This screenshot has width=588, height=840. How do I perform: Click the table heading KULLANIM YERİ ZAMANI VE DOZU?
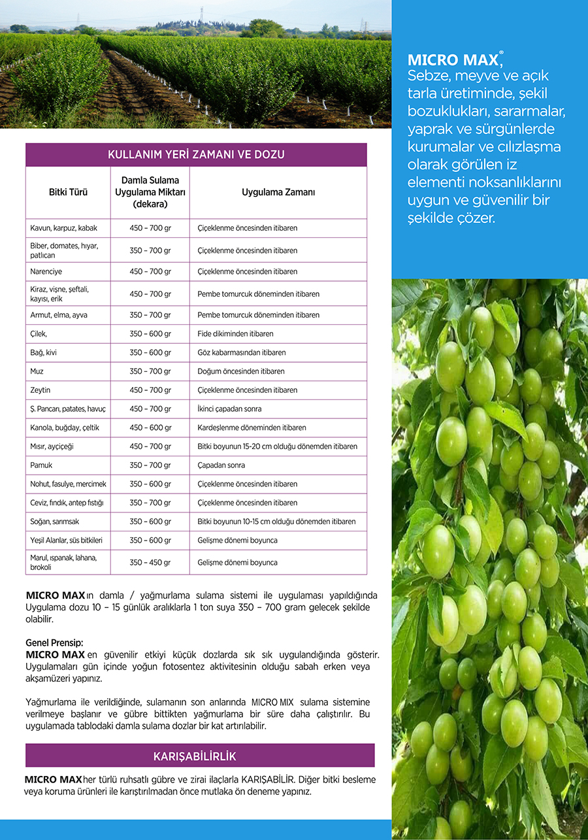pos(196,155)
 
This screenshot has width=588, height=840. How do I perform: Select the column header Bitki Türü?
pos(68,192)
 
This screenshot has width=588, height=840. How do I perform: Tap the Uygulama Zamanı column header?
pos(278,192)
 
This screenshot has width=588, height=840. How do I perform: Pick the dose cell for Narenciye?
pos(150,271)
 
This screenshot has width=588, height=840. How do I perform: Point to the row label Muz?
pos(37,371)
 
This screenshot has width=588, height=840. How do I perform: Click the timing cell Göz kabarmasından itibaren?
pos(242,352)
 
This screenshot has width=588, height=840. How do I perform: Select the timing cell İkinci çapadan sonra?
pos(229,409)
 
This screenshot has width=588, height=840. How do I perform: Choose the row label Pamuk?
pos(42,465)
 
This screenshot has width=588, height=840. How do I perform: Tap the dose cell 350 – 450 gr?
pos(150,562)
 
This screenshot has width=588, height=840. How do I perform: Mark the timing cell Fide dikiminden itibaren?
pos(235,334)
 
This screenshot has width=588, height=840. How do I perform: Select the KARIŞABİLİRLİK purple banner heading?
pos(195,756)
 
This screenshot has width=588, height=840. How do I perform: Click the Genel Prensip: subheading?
pos(54,643)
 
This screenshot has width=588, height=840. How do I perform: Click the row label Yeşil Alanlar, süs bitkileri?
pos(66,541)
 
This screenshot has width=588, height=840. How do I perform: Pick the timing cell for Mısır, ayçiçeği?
pos(277,446)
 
